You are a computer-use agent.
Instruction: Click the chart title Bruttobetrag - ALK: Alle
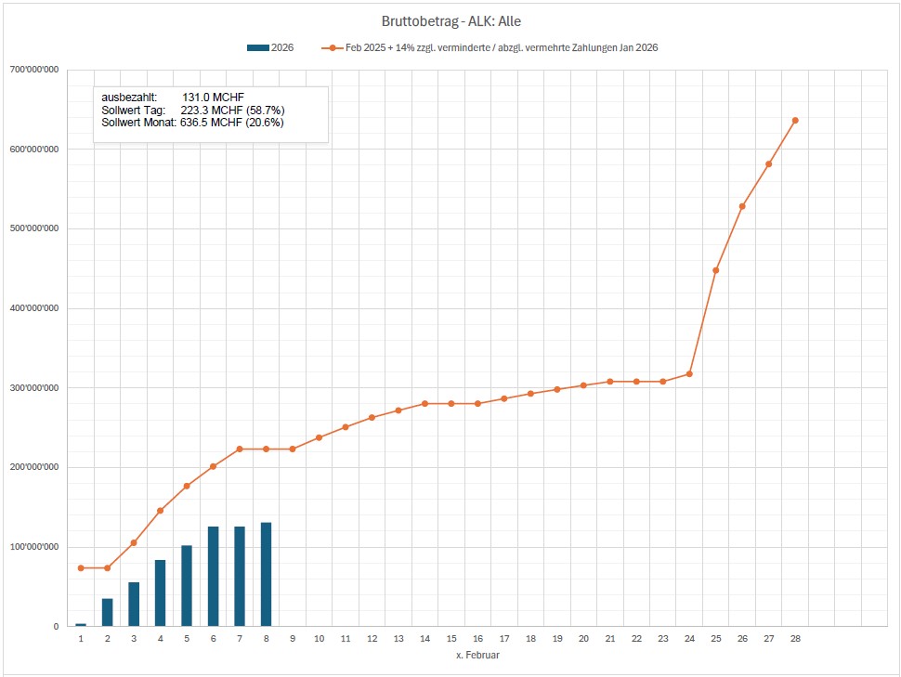[x=450, y=20]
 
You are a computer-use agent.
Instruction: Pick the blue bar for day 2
[x=107, y=612]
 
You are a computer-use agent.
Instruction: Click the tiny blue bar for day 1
[x=81, y=625]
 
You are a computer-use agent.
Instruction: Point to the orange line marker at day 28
[x=795, y=120]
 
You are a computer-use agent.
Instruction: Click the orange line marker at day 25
[x=715, y=270]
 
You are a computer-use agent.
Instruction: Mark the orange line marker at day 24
[x=689, y=374]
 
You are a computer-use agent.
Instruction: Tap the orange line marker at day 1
[x=81, y=567]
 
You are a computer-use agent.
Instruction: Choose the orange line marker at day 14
[x=424, y=404]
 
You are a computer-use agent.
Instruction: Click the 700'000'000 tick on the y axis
[x=36, y=70]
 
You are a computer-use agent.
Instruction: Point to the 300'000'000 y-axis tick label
[x=36, y=388]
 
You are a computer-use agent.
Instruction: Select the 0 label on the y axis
[x=57, y=627]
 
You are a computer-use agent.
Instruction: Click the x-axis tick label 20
[x=583, y=639]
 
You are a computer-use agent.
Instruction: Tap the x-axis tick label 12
[x=372, y=639]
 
